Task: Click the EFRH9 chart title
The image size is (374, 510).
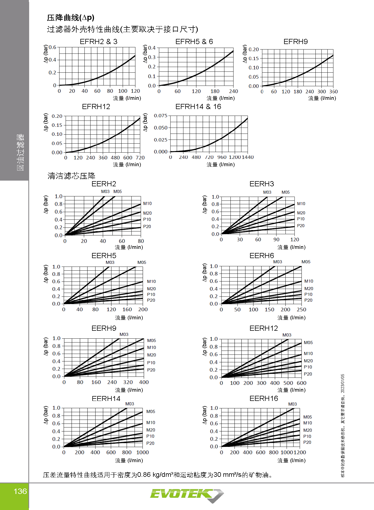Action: pyautogui.click(x=296, y=42)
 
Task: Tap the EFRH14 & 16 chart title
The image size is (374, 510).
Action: pyautogui.click(x=198, y=107)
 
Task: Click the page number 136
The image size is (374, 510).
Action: pyautogui.click(x=20, y=491)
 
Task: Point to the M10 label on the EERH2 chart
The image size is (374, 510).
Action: pyautogui.click(x=147, y=203)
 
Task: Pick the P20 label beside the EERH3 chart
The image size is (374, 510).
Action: pyautogui.click(x=301, y=226)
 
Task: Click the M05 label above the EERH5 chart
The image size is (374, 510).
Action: pyautogui.click(x=142, y=262)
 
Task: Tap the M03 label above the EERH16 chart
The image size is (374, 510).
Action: pyautogui.click(x=293, y=404)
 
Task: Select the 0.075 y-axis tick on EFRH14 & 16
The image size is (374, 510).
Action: pyautogui.click(x=161, y=116)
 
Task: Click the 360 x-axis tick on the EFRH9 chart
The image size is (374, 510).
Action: pyautogui.click(x=333, y=92)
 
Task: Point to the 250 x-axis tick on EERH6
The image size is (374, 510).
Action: pyautogui.click(x=302, y=310)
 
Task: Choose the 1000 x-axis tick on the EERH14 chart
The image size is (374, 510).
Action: pyautogui.click(x=142, y=452)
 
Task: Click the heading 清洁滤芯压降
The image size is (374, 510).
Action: pyautogui.click(x=71, y=176)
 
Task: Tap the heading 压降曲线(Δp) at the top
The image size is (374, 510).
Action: pyautogui.click(x=71, y=18)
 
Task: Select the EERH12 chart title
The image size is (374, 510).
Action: pyautogui.click(x=264, y=328)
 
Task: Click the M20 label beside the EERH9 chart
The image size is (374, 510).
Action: pyautogui.click(x=151, y=355)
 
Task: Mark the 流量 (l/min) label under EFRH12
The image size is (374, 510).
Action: pyautogui.click(x=127, y=165)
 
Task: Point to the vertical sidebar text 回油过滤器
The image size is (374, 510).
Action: pyautogui.click(x=20, y=152)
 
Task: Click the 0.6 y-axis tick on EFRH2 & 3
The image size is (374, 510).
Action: pyautogui.click(x=52, y=47)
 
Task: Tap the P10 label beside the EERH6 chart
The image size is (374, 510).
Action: pyautogui.click(x=308, y=294)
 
